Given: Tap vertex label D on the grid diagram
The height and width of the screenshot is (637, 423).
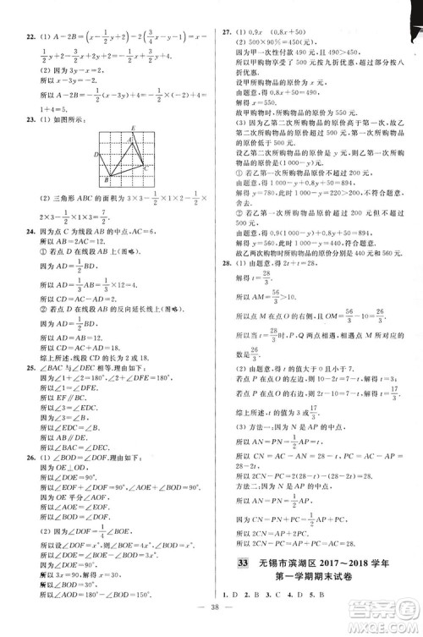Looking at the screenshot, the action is coord(97,155).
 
